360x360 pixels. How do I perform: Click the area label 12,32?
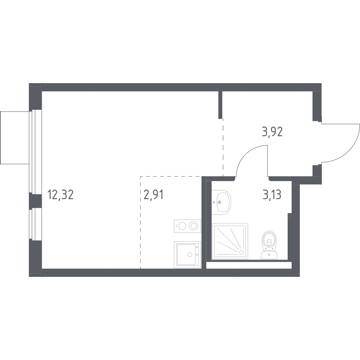point(60,195)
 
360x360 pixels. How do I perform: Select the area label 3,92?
point(272,132)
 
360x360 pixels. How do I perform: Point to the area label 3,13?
point(272,195)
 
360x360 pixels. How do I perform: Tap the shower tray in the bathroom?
point(230,241)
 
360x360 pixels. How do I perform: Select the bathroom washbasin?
point(221,202)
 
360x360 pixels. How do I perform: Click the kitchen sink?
point(187,254)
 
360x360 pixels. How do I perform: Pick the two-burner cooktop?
point(187,226)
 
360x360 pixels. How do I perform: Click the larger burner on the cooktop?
point(194,226)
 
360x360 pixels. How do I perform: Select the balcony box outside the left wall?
point(14,136)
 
